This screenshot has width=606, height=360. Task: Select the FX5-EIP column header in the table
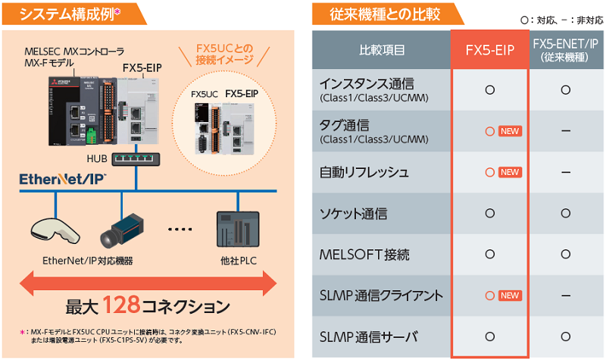click(x=489, y=50)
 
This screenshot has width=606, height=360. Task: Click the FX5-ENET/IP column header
click(x=566, y=50)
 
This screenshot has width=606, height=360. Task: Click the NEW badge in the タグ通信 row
click(x=510, y=131)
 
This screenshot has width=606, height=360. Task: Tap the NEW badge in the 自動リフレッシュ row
click(x=510, y=172)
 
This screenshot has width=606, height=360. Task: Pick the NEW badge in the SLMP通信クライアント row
click(x=510, y=296)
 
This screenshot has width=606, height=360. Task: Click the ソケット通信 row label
click(x=353, y=213)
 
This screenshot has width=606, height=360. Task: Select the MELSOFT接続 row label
click(x=364, y=255)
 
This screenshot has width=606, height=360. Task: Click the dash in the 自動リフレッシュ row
click(x=565, y=172)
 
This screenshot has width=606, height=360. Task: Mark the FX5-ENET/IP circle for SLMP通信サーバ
click(x=565, y=337)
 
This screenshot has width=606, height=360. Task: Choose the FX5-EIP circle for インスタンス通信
click(x=489, y=90)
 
